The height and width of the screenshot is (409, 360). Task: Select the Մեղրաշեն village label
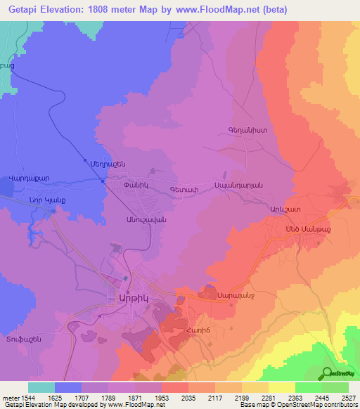(108, 162)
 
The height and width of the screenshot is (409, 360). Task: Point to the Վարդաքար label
(30, 178)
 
